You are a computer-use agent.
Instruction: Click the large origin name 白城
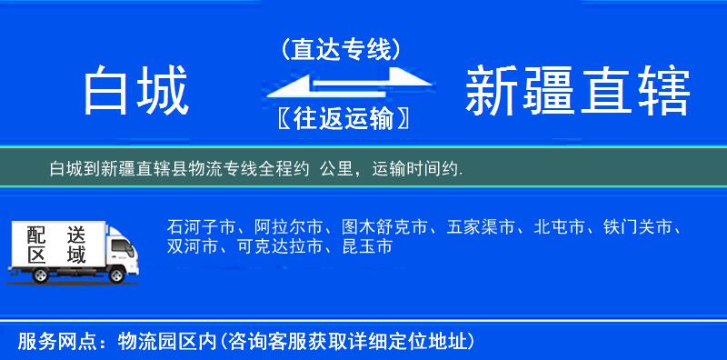[135, 92]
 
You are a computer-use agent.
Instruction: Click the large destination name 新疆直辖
[577, 92]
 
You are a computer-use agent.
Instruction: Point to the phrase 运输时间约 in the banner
[418, 170]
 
